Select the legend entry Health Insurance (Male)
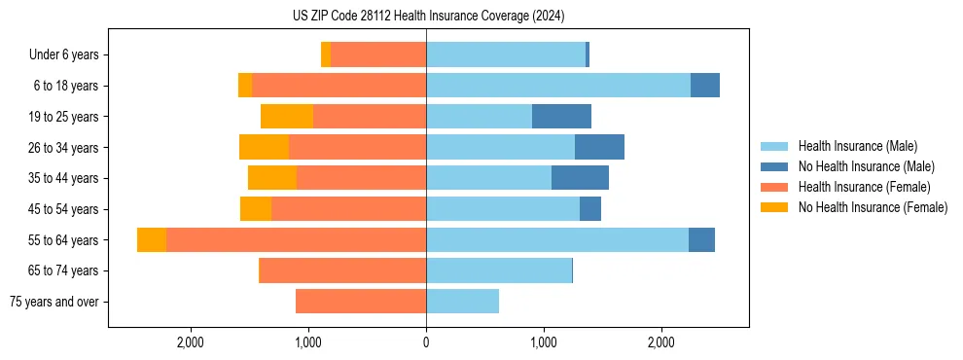click(856, 146)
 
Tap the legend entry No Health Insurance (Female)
click(873, 207)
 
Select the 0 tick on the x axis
click(426, 343)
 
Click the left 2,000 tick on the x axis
click(191, 343)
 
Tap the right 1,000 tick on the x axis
click(544, 343)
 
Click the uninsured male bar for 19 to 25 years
click(561, 117)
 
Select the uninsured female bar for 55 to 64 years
click(152, 239)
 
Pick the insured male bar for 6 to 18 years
click(558, 86)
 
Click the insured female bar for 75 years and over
click(361, 302)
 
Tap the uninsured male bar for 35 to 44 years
click(580, 178)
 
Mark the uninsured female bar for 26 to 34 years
click(264, 147)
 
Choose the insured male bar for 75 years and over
click(462, 302)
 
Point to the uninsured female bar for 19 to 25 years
click(287, 117)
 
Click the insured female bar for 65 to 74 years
click(342, 270)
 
